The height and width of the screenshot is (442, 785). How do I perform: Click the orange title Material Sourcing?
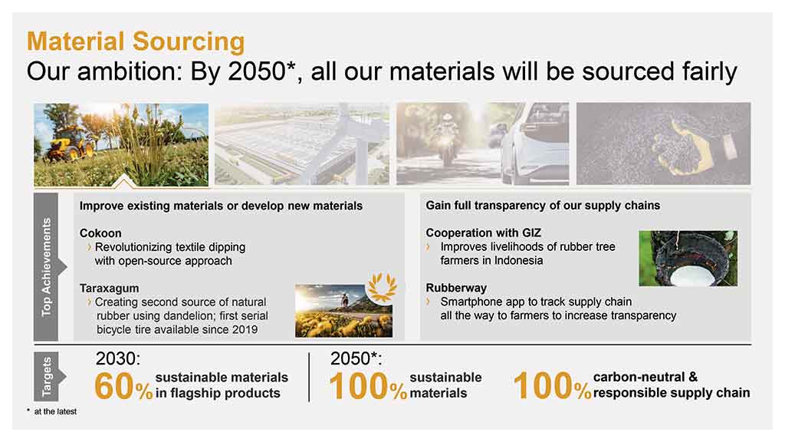pos(136,41)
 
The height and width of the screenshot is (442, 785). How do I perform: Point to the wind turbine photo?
pos(302,143)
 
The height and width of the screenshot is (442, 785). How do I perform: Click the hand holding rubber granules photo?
pos(663,143)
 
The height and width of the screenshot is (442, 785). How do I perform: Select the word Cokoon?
pos(100,233)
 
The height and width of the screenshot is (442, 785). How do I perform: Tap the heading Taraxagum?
pos(109,289)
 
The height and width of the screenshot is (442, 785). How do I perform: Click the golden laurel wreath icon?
pos(382,287)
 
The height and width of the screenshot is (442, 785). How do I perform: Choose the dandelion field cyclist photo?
pos(343,311)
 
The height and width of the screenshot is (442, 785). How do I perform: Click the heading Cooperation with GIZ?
pos(483,233)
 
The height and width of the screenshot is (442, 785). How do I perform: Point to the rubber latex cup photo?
pos(688,258)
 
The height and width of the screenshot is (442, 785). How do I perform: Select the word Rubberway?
pos(456,288)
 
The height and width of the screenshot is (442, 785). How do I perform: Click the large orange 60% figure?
pos(123,387)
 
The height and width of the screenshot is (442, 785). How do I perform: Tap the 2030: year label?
pos(118,358)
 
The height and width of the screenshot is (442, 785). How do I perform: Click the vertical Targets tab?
pos(47,376)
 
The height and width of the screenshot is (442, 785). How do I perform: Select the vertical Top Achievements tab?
pos(47,266)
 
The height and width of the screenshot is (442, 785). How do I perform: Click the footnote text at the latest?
pos(55,411)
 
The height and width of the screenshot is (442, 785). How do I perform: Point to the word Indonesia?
pos(519,261)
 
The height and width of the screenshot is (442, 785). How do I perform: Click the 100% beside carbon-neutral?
pos(552,387)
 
